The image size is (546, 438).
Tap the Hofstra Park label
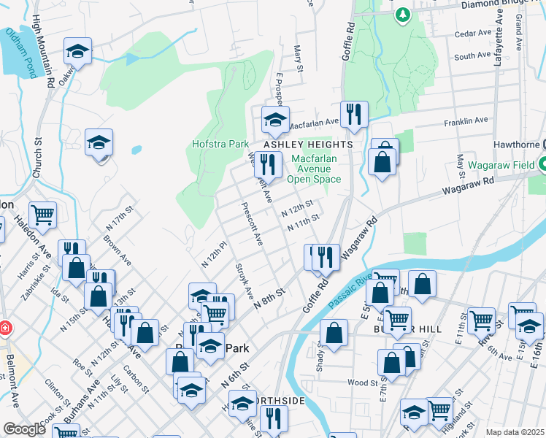221,145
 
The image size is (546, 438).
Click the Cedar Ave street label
472,34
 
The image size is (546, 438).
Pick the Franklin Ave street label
467,120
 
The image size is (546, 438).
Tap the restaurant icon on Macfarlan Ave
354,114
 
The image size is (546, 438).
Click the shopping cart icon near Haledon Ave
43,215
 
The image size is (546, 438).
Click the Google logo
24,429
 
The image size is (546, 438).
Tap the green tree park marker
402,14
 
